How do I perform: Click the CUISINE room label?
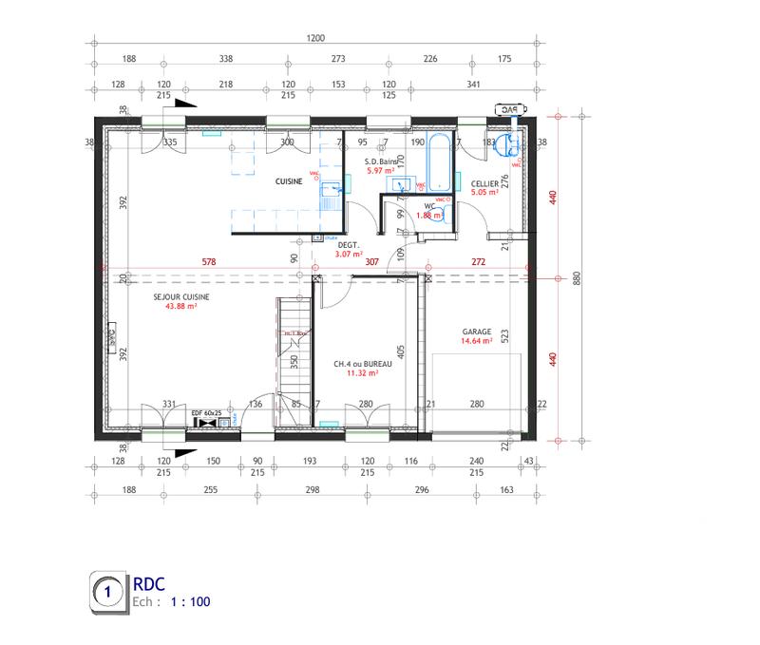[x=289, y=181]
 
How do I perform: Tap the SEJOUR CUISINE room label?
[x=181, y=296]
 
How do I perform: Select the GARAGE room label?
[x=478, y=332]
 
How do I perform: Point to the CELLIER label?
[x=484, y=182]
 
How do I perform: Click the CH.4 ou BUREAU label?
[x=356, y=364]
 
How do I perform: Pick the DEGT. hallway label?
[x=349, y=244]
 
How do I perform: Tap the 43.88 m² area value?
[x=180, y=307]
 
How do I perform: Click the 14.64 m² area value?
[x=477, y=342]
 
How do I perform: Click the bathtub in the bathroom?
[x=439, y=164]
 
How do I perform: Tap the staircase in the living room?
[x=294, y=347]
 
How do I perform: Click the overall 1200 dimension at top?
[x=315, y=39]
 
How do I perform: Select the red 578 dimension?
[x=209, y=262]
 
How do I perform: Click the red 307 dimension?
[x=372, y=262]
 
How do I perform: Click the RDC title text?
[x=149, y=584]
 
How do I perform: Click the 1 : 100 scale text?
[x=190, y=602]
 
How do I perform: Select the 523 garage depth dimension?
[x=504, y=334]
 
